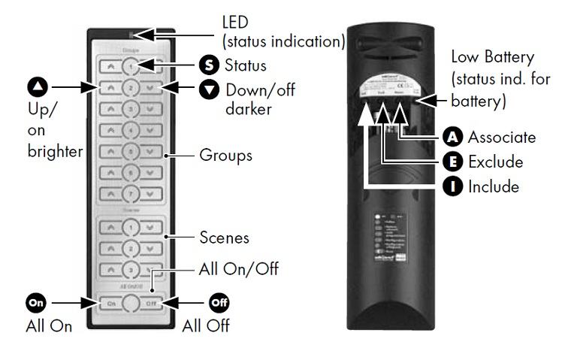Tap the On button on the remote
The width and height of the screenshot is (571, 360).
click(110, 303)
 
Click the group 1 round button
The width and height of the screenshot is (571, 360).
click(131, 66)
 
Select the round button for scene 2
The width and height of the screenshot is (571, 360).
click(131, 247)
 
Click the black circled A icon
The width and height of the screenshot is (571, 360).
click(452, 138)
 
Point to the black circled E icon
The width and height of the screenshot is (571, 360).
click(452, 162)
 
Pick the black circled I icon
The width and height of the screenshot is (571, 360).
click(452, 186)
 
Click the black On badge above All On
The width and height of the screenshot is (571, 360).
click(37, 303)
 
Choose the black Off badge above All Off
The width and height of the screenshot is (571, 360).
click(218, 303)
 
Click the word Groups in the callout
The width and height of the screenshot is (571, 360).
click(225, 156)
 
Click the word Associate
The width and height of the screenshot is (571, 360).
click(501, 138)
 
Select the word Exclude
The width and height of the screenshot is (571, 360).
click(495, 162)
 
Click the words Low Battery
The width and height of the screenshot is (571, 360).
click(493, 57)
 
